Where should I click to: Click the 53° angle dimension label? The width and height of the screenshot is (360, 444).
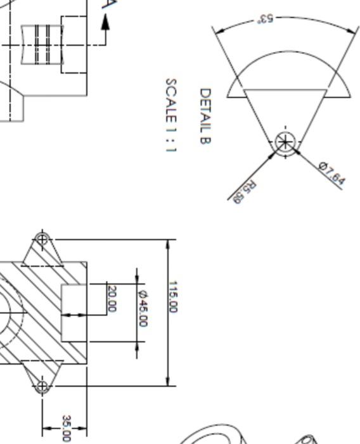tap(265, 18)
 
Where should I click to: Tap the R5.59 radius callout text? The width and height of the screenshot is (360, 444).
tap(245, 192)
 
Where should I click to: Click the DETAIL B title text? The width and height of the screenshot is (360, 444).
tap(205, 116)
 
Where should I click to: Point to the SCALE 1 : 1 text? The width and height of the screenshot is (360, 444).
tap(171, 115)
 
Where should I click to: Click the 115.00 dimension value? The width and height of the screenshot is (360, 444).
tap(173, 297)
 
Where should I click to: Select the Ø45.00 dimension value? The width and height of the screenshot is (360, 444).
tap(143, 308)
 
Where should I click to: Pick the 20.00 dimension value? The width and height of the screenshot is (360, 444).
tap(112, 299)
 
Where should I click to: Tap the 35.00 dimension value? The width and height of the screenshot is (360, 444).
tap(67, 428)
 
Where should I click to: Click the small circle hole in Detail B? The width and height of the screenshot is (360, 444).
tap(285, 142)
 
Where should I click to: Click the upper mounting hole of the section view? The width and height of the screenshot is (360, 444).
tap(42, 239)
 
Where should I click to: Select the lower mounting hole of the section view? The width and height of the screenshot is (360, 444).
tap(42, 386)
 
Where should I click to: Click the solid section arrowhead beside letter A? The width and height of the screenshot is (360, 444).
tap(105, 22)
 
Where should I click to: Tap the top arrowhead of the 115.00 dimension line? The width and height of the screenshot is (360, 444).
tap(168, 244)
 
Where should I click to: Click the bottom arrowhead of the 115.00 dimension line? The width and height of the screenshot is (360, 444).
tap(168, 381)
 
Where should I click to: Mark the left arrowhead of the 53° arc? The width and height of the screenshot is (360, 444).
tap(220, 30)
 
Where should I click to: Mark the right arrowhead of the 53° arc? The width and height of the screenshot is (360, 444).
tap(350, 30)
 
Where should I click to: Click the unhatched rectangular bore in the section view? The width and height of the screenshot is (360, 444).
tap(74, 313)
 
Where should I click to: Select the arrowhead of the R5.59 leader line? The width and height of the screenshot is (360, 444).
tap(273, 155)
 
